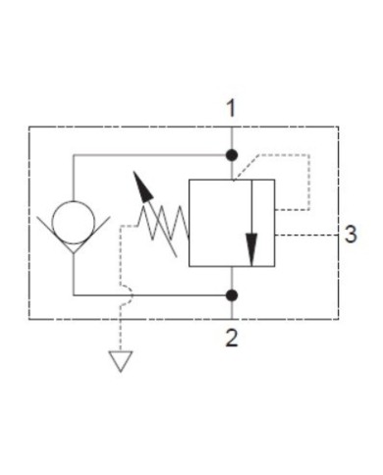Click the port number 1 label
(232, 109)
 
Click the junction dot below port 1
(232, 155)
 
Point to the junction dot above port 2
(232, 294)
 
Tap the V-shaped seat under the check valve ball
(75, 245)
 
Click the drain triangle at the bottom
(120, 362)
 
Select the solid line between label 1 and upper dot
(232, 136)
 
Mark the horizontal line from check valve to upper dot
(147, 155)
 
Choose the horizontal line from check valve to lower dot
(147, 294)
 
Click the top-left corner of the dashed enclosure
(29, 127)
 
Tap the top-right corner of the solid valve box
(276, 179)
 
